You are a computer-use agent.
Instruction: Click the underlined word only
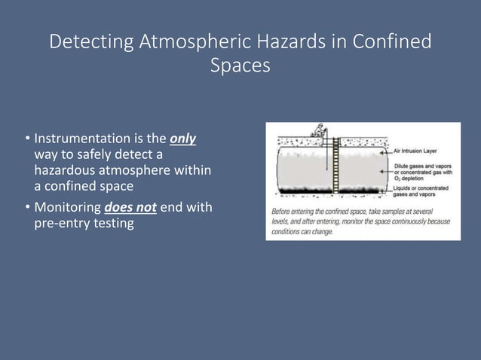tap(184, 139)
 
